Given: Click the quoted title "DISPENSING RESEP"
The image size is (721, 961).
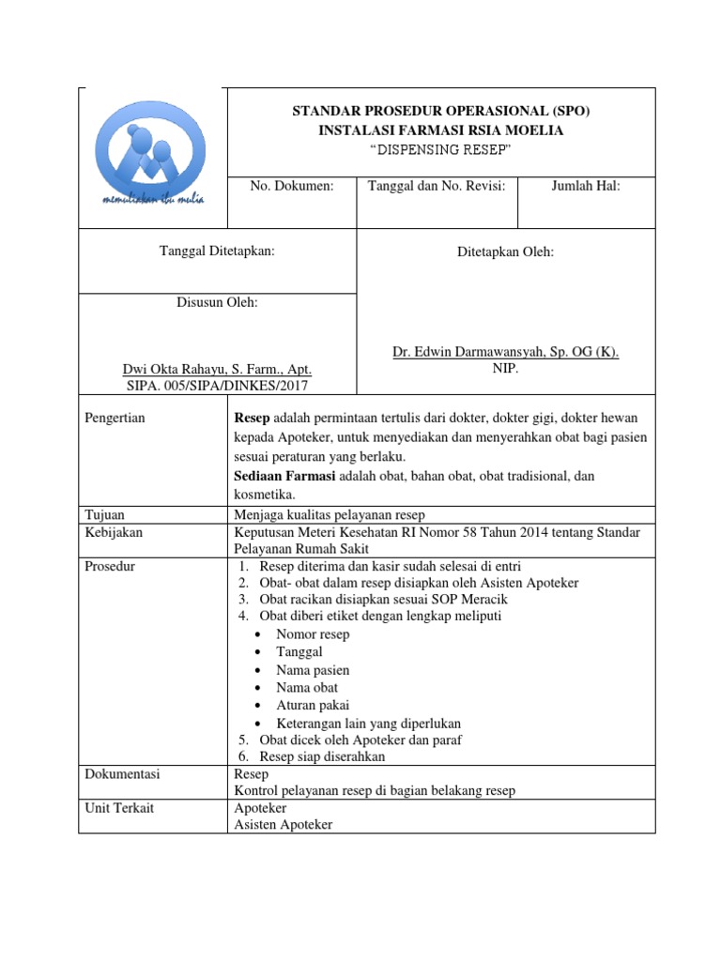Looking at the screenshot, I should (x=440, y=150).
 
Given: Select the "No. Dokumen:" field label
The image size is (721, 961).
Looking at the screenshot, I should (x=292, y=187).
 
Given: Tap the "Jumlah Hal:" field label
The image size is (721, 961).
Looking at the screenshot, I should (x=586, y=187).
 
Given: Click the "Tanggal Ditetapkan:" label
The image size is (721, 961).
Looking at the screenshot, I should (x=218, y=252).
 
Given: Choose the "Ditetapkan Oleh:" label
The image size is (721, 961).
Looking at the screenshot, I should (x=505, y=252).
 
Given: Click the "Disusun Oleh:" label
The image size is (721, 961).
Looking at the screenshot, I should (x=218, y=302).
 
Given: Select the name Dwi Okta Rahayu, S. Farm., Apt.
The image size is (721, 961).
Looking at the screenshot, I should (x=218, y=369).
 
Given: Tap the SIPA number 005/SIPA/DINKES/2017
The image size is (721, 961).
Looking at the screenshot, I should (x=218, y=385).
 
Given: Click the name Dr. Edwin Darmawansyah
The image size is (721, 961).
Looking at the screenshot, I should (x=505, y=352).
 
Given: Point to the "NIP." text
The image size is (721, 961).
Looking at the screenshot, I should (x=505, y=369).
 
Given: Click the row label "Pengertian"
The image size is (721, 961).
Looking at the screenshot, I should (x=115, y=418).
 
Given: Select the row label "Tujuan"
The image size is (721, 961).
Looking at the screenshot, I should (x=105, y=514).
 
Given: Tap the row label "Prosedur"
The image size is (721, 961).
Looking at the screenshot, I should (x=109, y=566).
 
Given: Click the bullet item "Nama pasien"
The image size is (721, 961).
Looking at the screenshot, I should (x=313, y=670).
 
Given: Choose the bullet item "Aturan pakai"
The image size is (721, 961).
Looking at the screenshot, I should (x=314, y=706).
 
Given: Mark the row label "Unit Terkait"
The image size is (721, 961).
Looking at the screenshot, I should (x=117, y=808).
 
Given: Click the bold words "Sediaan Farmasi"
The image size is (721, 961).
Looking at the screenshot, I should (x=284, y=477).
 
